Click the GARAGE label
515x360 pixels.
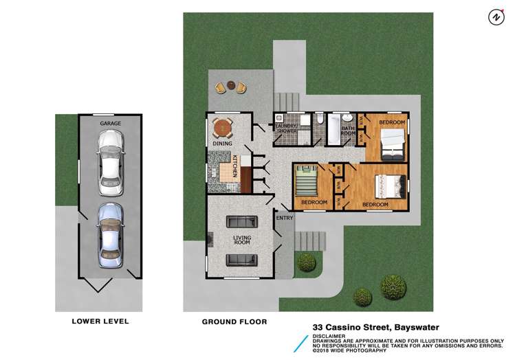111,123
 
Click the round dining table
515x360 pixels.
223,128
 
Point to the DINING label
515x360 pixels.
221,144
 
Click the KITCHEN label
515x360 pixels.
235,167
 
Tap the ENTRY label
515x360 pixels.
285,218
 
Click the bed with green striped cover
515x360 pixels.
305,183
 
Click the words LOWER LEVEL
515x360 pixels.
100,321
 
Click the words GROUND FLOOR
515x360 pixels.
234,322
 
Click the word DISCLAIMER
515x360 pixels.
329,336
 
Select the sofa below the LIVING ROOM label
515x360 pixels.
242,259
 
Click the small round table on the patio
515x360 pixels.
230,87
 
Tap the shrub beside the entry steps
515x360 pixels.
306,262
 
